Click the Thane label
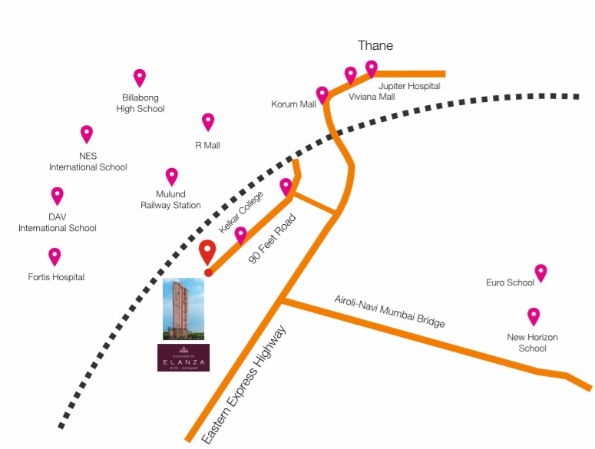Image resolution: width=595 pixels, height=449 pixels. click(x=375, y=46)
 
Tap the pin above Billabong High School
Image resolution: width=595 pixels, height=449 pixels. click(x=140, y=77)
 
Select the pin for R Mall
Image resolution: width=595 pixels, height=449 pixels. click(x=208, y=121)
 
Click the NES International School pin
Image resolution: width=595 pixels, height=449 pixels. click(x=87, y=134)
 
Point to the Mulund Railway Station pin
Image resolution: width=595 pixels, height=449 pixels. click(x=171, y=176)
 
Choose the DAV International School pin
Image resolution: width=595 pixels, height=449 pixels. click(x=57, y=196)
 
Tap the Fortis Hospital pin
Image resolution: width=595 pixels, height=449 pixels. click(x=55, y=256)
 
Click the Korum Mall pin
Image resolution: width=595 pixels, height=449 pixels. click(x=322, y=94)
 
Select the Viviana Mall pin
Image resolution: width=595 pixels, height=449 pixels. click(x=351, y=74)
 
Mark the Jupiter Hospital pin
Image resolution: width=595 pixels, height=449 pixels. click(x=372, y=68)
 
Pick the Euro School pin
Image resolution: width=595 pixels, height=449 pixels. click(x=540, y=272)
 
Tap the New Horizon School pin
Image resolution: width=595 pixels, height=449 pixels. click(x=533, y=315)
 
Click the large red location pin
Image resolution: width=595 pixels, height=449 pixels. click(x=207, y=251)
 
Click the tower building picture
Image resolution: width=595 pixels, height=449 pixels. click(x=183, y=309)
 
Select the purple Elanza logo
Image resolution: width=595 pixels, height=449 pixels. click(x=183, y=358)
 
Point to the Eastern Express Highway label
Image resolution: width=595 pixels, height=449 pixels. click(x=243, y=385)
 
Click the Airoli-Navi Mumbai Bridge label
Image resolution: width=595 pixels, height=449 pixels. click(x=390, y=310)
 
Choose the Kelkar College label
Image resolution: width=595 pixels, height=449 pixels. click(x=241, y=213)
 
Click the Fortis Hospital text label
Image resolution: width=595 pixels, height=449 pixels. click(x=56, y=277)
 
